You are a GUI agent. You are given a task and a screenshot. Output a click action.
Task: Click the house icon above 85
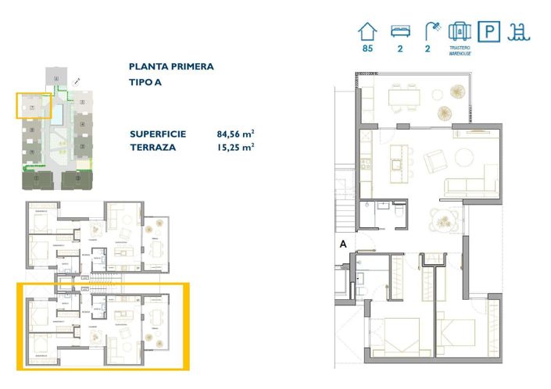[x=367, y=31]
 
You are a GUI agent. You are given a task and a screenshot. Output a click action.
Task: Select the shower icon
[x=431, y=31]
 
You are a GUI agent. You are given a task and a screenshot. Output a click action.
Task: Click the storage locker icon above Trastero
[x=460, y=31]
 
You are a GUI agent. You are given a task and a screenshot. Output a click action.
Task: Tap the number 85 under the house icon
[x=367, y=49]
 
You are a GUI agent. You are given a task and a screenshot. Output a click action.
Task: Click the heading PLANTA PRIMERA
[x=171, y=67]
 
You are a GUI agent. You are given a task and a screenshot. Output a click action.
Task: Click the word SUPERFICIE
[x=158, y=134]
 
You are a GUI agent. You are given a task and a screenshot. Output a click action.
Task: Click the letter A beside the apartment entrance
[x=343, y=243]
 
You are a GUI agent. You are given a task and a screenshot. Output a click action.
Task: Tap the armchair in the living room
[x=434, y=162]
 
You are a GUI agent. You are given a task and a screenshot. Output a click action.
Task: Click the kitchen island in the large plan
[x=396, y=152]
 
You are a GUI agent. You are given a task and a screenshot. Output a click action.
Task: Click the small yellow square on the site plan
[x=34, y=105]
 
